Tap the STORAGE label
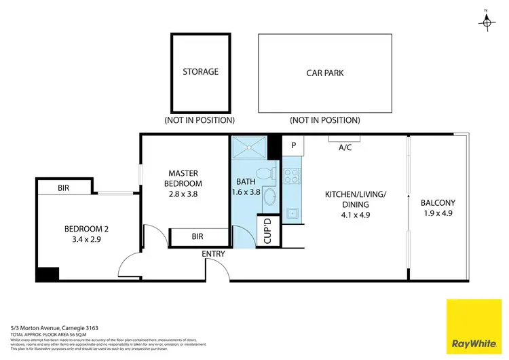tap(200, 71)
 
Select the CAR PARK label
tap(324, 72)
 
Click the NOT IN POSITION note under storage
tap(200, 120)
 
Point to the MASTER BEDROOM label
tap(185, 178)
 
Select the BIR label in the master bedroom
tap(197, 236)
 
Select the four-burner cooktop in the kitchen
tap(292, 176)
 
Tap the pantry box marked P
tap(294, 145)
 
